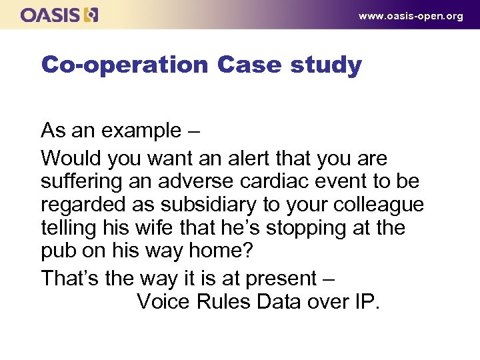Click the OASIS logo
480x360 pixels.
pos(59,15)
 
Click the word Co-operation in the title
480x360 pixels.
pos(125,65)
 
